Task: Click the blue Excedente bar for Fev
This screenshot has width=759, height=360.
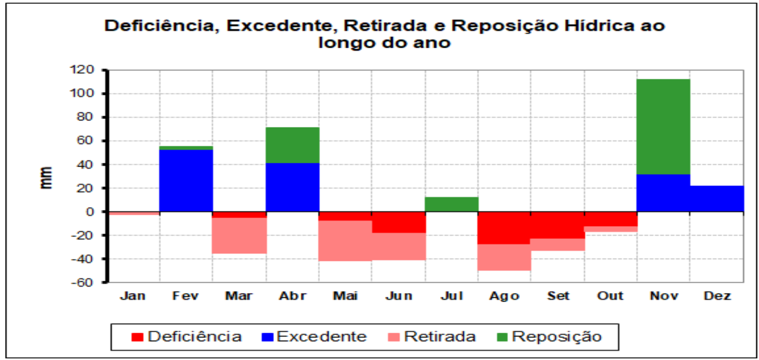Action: pyautogui.click(x=186, y=181)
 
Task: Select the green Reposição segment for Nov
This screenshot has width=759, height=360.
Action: pyautogui.click(x=663, y=126)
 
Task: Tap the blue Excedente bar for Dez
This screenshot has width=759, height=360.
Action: pyautogui.click(x=717, y=199)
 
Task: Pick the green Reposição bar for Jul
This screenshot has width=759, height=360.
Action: pyautogui.click(x=452, y=204)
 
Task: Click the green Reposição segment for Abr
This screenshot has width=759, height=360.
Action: pyautogui.click(x=293, y=145)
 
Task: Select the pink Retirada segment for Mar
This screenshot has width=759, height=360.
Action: pyautogui.click(x=239, y=236)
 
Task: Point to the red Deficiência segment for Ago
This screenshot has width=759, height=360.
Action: pyautogui.click(x=504, y=228)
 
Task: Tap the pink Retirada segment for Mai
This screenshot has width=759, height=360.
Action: pyautogui.click(x=345, y=241)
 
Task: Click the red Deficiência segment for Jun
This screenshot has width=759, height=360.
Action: pyautogui.click(x=399, y=222)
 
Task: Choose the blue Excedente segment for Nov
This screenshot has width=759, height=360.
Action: pyautogui.click(x=663, y=193)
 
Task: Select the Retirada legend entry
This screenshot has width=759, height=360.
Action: pyautogui.click(x=432, y=337)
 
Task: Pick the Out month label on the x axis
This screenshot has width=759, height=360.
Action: pyautogui.click(x=611, y=296)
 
